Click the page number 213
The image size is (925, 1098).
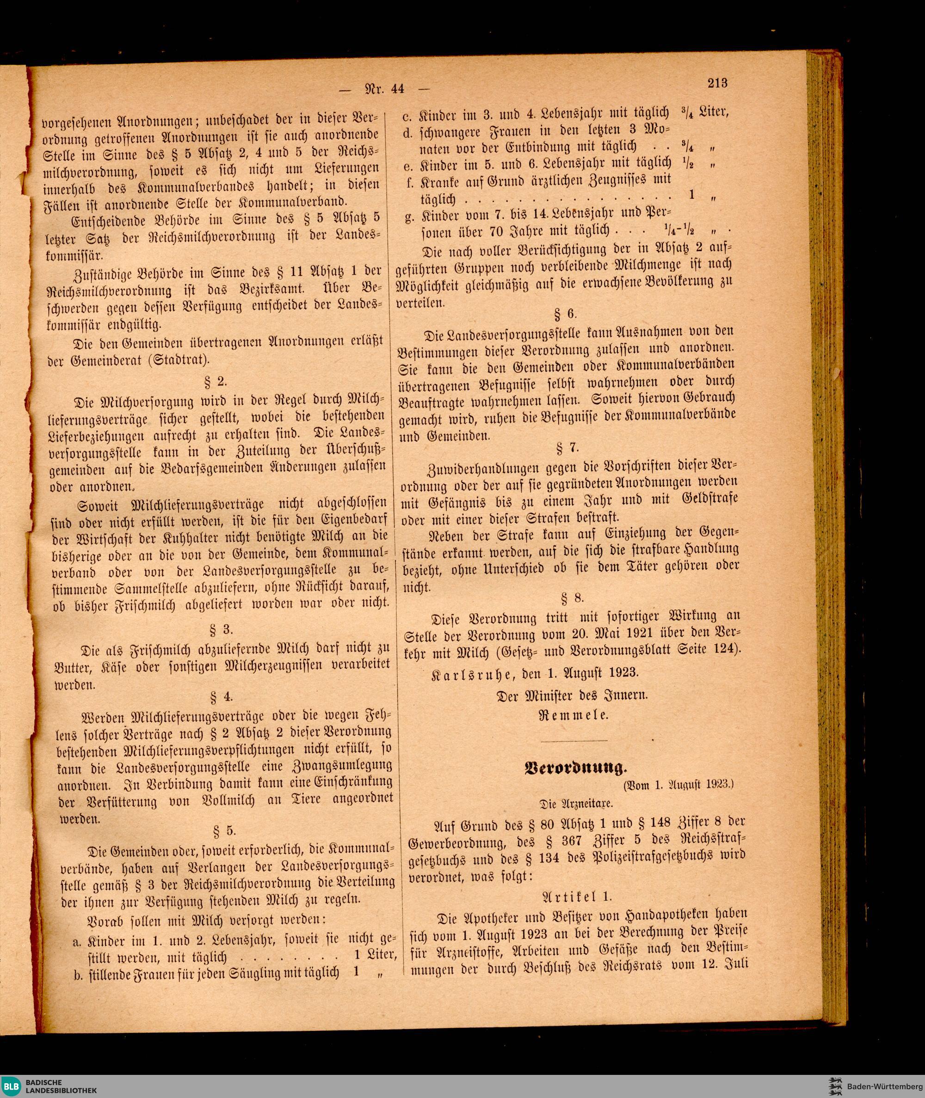coord(717,83)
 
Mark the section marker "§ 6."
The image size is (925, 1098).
coord(566,313)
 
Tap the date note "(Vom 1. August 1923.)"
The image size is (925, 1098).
coord(678,785)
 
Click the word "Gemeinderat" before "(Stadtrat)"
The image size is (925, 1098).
coord(96,361)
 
